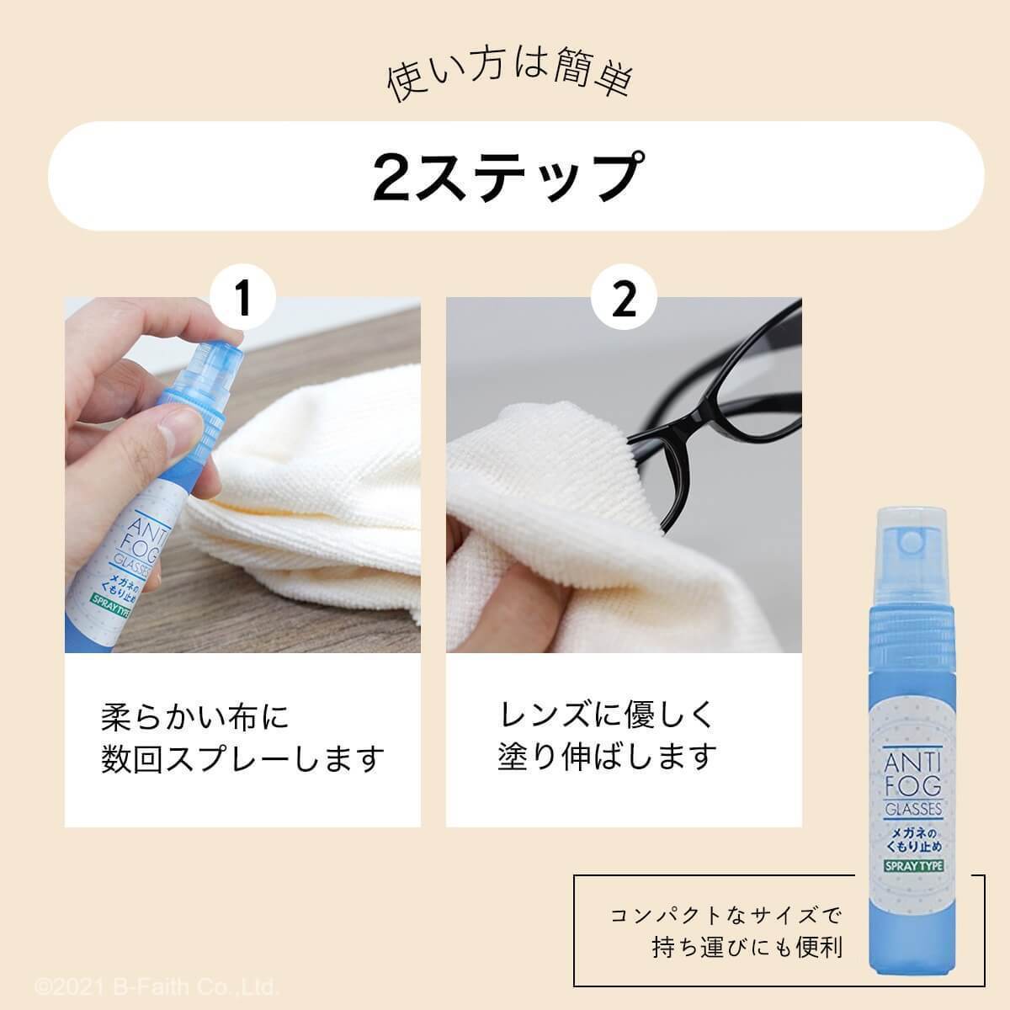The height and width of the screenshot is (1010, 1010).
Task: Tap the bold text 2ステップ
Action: point(507,176)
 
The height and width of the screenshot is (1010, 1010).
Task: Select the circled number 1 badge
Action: point(242,297)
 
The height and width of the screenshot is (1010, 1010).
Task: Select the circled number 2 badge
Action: point(624,297)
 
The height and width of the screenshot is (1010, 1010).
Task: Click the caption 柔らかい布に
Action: point(195,717)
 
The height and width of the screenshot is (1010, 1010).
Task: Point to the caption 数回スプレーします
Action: point(242,758)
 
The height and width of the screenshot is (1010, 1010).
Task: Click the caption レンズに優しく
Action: point(606,715)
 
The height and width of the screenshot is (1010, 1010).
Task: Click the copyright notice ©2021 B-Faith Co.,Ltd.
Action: point(157,987)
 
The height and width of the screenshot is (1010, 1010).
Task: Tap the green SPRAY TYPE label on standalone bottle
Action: point(913,865)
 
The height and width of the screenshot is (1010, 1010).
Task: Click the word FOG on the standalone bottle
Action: point(913,786)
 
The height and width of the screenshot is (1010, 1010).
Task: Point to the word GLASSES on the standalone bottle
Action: point(913,809)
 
